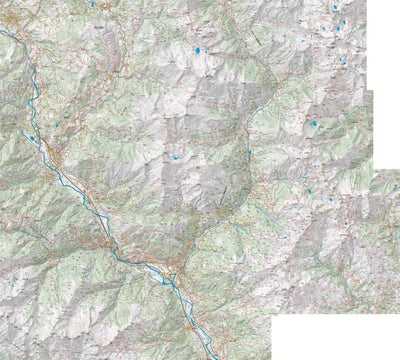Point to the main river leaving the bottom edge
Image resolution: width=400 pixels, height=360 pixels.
click(212, 357)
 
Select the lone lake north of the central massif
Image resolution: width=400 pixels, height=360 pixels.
click(197, 49)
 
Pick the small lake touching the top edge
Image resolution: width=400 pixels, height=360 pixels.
click(93, 4)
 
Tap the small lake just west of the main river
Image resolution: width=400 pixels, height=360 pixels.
click(33, 139)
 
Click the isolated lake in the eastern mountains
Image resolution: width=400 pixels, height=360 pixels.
click(315, 124)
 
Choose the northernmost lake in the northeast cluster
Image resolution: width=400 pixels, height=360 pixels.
click(335, 9)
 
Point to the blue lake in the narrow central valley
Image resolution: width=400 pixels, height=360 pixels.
click(249, 151)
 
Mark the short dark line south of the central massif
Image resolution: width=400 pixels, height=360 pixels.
click(226, 192)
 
